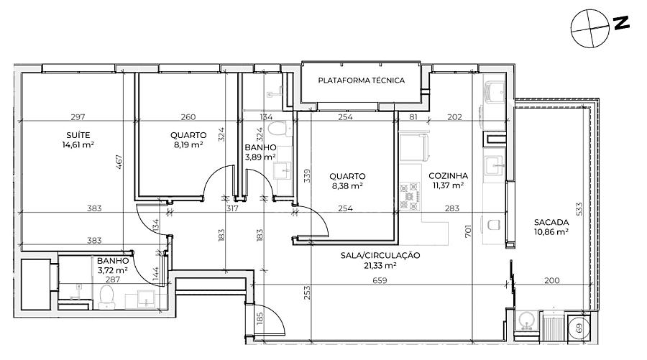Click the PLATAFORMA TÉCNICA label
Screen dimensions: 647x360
pos(361,80)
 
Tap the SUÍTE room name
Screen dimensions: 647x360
pos(78,135)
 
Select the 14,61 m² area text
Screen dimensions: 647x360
pos(78,144)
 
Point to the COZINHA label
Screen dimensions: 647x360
pos(448,175)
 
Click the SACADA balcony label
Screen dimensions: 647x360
pos(551,222)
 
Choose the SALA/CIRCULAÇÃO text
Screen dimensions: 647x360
pos(380,255)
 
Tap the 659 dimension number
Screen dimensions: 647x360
pos(380,280)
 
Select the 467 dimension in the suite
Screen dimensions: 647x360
pos(119,162)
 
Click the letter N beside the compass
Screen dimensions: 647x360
pos(620,23)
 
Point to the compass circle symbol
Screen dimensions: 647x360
pos(590,29)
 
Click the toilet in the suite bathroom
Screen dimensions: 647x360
pos(107,297)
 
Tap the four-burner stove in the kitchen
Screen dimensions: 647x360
pos(410,196)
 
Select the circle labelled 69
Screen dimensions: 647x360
pos(579,328)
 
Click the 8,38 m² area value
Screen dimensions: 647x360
pos(347,186)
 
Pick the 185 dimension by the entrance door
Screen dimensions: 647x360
pos(260,319)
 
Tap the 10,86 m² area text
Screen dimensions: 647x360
pos(551,232)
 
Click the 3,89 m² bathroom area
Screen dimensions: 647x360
pos(260,157)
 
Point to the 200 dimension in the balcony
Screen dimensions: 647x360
pos(551,280)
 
